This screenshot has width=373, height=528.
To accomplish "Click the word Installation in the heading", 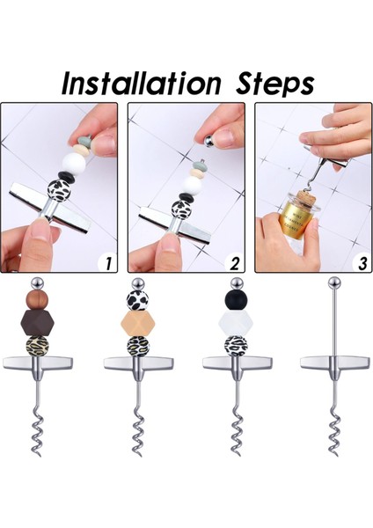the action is (142, 84).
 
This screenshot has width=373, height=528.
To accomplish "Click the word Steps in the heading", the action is (275, 84).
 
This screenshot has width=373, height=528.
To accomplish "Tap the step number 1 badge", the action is (107, 262).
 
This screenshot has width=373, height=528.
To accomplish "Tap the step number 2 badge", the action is (234, 262).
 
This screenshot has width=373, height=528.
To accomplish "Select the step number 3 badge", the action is (362, 262).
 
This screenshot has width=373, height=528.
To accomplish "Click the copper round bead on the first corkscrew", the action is (37, 299).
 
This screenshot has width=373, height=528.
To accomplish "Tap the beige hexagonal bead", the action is (138, 324).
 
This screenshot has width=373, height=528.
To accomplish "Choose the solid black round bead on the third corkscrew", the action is (236, 299).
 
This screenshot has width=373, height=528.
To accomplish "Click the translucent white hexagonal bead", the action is (236, 323).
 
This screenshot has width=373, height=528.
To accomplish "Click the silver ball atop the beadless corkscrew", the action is (333, 282).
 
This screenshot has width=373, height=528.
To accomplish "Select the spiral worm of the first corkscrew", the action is (37, 431).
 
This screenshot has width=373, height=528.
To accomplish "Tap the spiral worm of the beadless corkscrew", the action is (334, 431).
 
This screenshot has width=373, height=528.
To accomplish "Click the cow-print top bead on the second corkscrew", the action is (138, 299).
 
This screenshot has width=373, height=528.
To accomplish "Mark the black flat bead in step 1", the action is (65, 176).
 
